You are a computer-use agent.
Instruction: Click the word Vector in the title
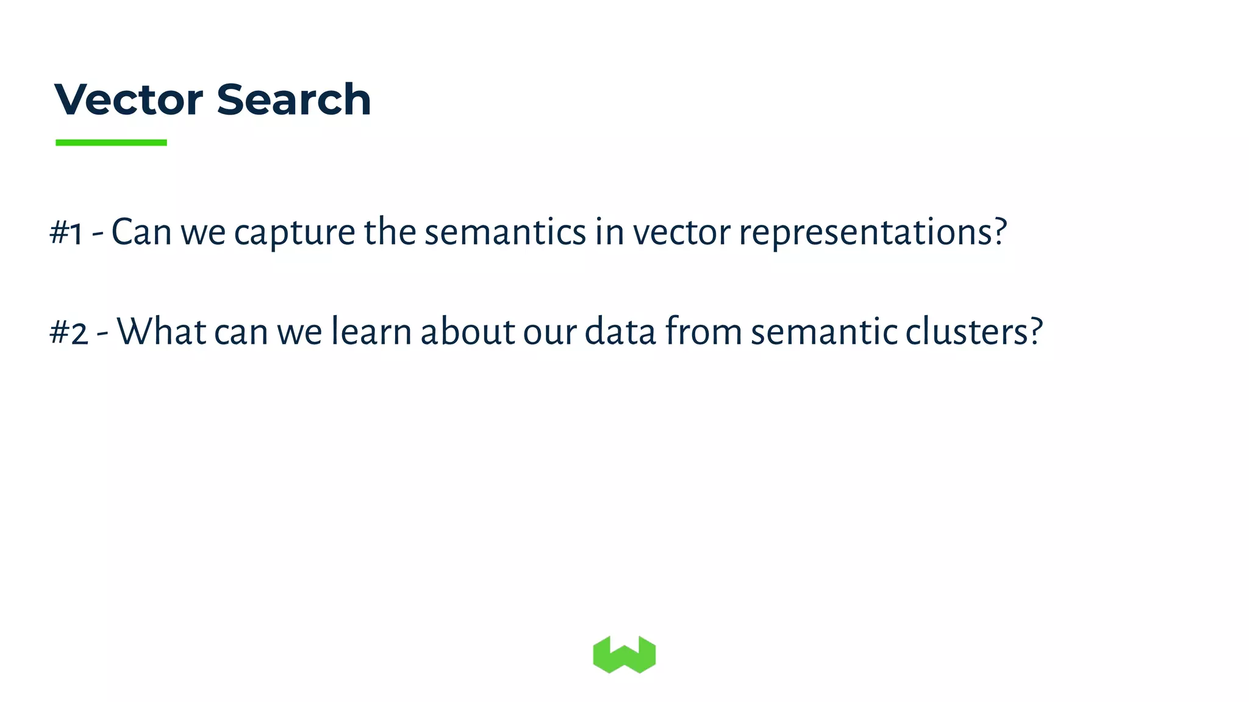pyautogui.click(x=128, y=99)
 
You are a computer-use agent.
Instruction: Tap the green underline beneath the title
pyautogui.click(x=111, y=143)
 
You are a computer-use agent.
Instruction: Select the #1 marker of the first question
pyautogui.click(x=66, y=233)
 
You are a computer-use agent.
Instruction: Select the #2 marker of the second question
pyautogui.click(x=68, y=333)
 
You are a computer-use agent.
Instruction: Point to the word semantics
pyautogui.click(x=505, y=233)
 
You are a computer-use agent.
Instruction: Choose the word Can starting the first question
pyautogui.click(x=141, y=233)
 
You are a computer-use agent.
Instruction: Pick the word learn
pyautogui.click(x=371, y=332)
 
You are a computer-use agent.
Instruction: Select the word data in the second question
pyautogui.click(x=620, y=332)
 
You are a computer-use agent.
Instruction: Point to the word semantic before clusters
pyautogui.click(x=824, y=332)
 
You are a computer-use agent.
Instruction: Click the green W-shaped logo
pyautogui.click(x=624, y=654)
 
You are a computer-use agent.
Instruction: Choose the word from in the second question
pyautogui.click(x=703, y=332)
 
